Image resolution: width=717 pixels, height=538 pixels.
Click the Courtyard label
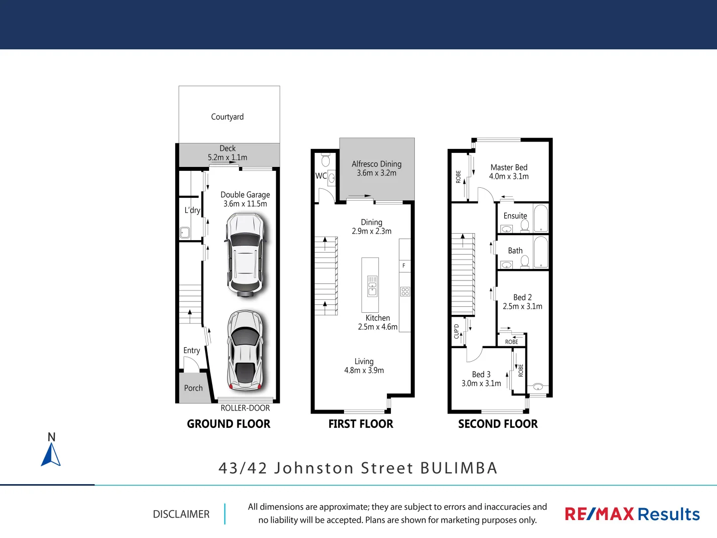(x=227, y=117)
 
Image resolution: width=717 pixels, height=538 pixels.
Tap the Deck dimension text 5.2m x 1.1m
(x=228, y=157)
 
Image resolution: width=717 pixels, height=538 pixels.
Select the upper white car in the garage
(x=245, y=255)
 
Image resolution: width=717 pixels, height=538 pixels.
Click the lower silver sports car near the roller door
(x=245, y=350)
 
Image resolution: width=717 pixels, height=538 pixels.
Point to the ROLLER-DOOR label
(x=245, y=408)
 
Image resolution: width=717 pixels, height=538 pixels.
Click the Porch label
(x=193, y=388)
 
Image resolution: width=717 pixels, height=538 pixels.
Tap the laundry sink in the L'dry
(x=185, y=232)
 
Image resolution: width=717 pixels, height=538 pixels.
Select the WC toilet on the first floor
(x=326, y=160)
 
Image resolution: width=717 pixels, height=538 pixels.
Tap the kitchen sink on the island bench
(x=372, y=286)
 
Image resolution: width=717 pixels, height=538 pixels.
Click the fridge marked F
(x=404, y=266)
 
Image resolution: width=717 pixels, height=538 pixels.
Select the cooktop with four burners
(x=405, y=291)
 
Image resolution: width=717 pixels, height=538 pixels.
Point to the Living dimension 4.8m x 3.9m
(x=364, y=371)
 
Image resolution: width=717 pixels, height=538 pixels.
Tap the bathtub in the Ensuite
(x=541, y=218)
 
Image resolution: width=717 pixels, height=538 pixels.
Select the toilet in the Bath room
(x=525, y=261)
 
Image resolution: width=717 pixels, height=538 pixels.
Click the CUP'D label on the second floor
(x=457, y=331)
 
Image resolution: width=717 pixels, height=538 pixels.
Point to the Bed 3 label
(x=481, y=374)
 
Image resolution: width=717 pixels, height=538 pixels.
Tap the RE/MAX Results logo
(x=632, y=514)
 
